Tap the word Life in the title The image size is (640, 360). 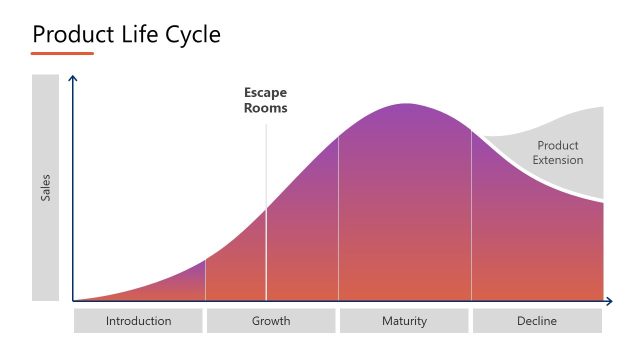[137, 34]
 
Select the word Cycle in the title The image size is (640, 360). [190, 34]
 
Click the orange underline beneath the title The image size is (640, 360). [62, 53]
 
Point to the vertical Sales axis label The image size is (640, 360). [45, 188]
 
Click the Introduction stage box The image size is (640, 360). [138, 321]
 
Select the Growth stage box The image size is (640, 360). [271, 321]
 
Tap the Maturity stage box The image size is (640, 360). [404, 321]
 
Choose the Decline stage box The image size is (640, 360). [537, 321]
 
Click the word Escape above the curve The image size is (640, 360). [266, 93]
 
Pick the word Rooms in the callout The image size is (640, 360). [266, 109]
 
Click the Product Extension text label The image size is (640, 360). [558, 152]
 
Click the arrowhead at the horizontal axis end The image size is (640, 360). [609, 301]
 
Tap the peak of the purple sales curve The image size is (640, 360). [405, 105]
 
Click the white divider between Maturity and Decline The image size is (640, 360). [471, 215]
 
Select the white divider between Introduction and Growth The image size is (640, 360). [205, 280]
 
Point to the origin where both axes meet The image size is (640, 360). [73, 301]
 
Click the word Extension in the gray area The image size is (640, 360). [558, 160]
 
